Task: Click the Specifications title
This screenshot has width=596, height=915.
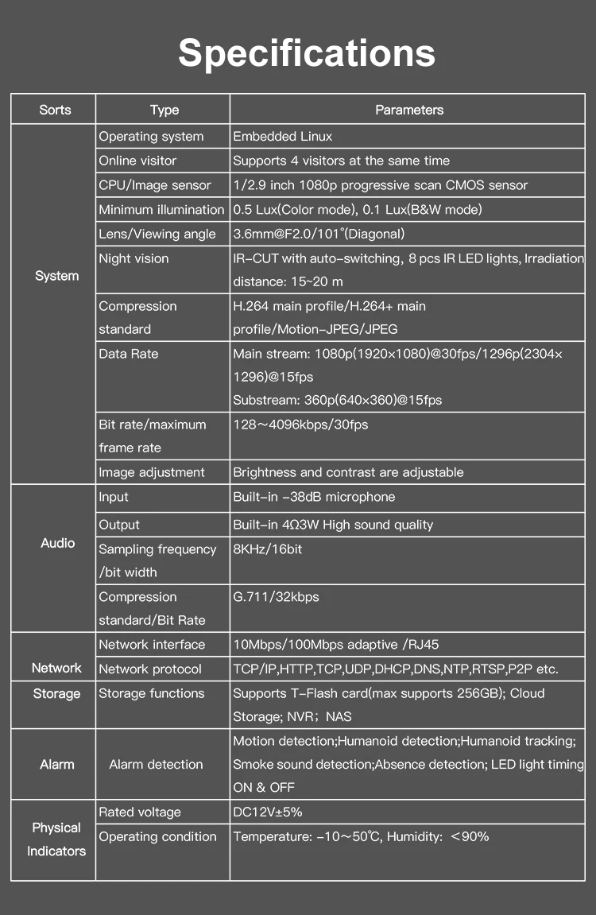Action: tap(306, 53)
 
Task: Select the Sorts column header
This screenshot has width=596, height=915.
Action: tap(55, 110)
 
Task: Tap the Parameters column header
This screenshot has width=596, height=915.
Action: tap(409, 110)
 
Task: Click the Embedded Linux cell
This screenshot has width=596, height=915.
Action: tap(282, 137)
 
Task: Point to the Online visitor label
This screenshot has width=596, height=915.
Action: tap(137, 161)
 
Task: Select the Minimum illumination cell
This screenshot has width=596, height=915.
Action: tap(161, 210)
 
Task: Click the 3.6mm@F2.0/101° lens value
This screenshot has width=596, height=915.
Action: tap(319, 234)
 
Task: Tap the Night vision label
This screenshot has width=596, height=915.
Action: tap(134, 258)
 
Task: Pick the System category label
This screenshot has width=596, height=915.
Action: tap(56, 276)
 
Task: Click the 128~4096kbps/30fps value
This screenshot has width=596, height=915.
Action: tap(300, 425)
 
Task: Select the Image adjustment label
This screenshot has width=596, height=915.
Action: tap(151, 472)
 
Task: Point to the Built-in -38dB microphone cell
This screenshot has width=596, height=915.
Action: tap(314, 497)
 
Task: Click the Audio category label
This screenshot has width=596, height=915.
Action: tap(57, 543)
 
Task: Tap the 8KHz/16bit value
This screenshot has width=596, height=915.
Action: tap(268, 549)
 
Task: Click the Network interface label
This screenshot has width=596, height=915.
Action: tap(151, 645)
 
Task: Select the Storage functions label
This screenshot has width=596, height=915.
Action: tap(151, 693)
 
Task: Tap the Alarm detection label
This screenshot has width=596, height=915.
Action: tap(156, 765)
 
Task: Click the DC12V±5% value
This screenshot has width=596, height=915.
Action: tap(268, 812)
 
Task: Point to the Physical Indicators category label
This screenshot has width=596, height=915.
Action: tap(56, 839)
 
